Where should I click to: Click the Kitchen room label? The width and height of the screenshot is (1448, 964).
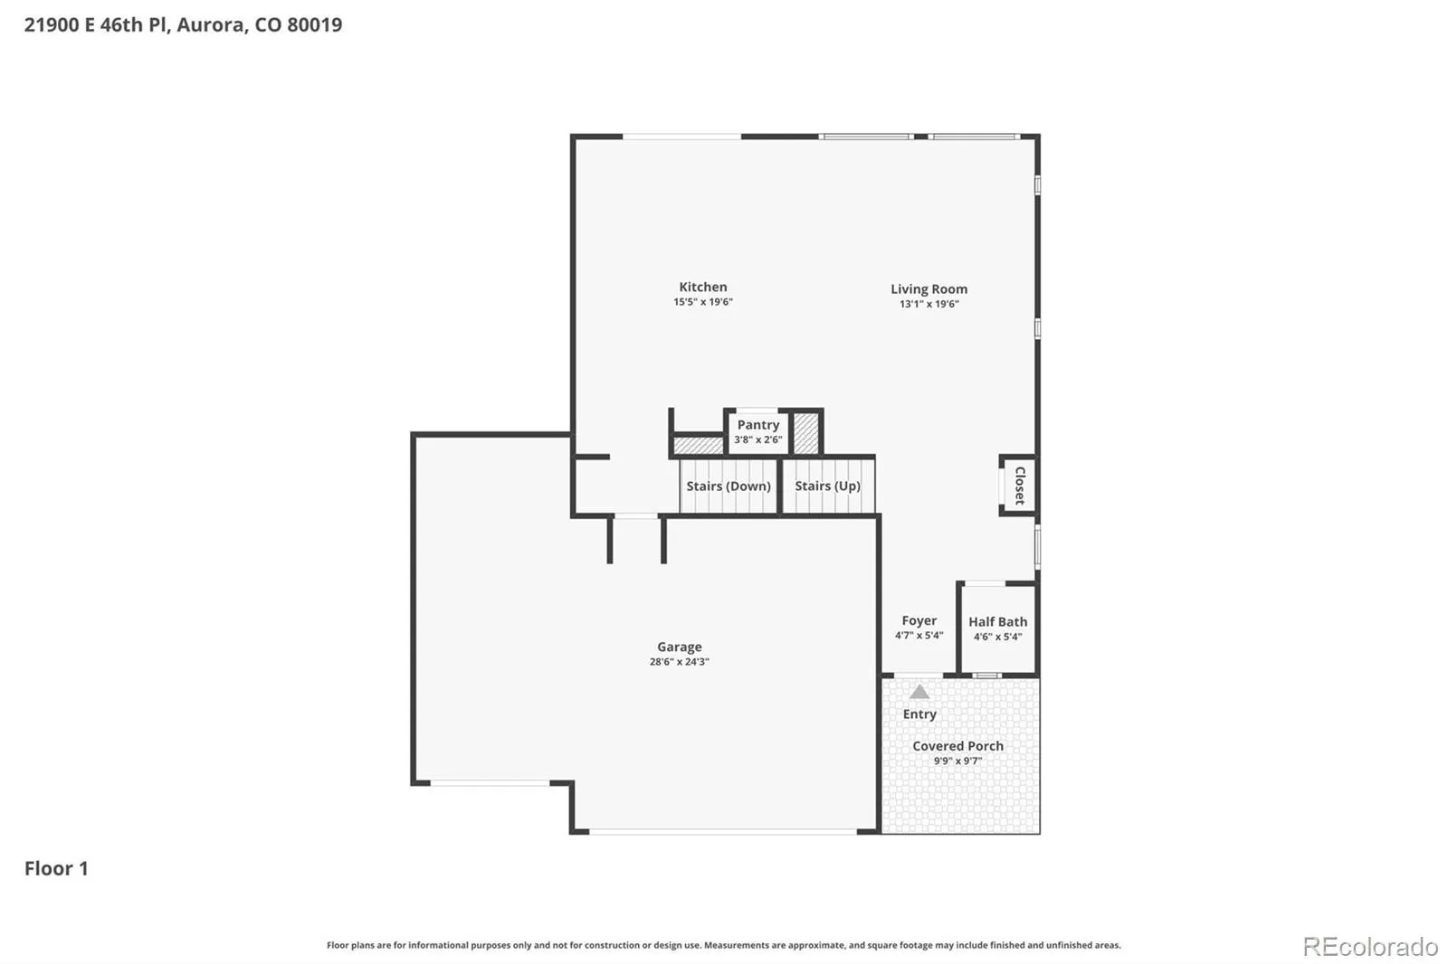(x=702, y=287)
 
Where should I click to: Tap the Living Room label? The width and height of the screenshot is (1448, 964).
(x=929, y=289)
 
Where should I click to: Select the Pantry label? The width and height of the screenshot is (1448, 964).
(x=758, y=425)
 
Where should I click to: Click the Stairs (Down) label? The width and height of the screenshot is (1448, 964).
(x=729, y=486)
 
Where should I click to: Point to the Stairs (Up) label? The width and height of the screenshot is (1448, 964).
(x=827, y=486)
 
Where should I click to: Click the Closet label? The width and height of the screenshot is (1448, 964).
(x=1020, y=486)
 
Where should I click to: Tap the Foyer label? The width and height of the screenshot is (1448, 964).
(x=919, y=621)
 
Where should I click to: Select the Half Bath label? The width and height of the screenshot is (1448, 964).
(x=997, y=621)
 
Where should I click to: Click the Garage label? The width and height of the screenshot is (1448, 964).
(x=680, y=647)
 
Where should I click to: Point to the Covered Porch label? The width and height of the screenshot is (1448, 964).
(x=958, y=746)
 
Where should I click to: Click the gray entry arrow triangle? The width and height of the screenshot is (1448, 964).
(x=919, y=693)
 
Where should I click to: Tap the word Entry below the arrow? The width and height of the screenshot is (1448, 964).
(x=919, y=714)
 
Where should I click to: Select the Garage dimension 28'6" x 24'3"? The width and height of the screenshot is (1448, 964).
(x=680, y=662)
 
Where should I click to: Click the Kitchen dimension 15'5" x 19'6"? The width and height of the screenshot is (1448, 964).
(x=702, y=302)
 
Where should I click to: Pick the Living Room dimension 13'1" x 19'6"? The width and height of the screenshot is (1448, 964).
(x=929, y=304)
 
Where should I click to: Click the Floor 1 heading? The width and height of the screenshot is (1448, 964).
(x=56, y=868)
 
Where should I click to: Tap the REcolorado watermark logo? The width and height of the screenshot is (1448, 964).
(x=1370, y=947)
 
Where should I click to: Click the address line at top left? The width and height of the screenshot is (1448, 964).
(x=183, y=24)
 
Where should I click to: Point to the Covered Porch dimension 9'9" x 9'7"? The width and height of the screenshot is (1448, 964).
(x=958, y=761)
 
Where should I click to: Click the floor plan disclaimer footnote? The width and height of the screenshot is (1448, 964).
(x=723, y=945)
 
